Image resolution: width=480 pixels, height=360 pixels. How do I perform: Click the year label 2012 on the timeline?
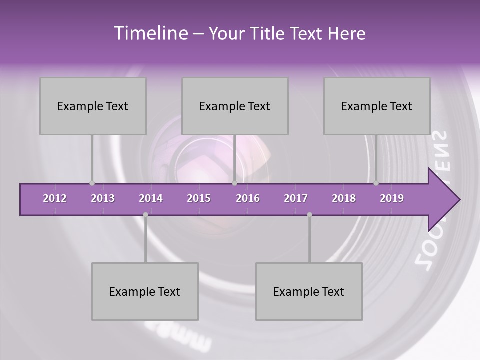[55, 198]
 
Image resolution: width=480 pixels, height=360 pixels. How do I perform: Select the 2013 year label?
[103, 198]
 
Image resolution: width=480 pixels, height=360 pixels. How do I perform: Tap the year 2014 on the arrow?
[151, 198]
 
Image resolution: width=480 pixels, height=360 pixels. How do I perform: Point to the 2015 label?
[199, 198]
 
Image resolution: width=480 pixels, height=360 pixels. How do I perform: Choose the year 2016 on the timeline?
[248, 198]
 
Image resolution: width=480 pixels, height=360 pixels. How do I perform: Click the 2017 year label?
[296, 198]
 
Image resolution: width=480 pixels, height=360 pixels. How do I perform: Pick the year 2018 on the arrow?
[344, 198]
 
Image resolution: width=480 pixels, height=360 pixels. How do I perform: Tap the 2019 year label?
[392, 198]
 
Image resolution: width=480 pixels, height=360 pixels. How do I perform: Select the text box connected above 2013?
[93, 106]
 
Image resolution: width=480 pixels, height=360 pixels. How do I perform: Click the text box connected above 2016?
[235, 106]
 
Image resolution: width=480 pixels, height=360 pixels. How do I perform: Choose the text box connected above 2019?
[377, 106]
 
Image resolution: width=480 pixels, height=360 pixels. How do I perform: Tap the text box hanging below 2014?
[145, 291]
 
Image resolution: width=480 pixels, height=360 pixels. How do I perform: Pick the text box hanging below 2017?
[309, 291]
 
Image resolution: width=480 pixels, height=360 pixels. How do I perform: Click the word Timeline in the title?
[149, 33]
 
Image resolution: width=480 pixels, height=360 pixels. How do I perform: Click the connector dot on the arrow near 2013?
[92, 183]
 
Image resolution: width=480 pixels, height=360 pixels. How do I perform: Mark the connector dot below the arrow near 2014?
[145, 214]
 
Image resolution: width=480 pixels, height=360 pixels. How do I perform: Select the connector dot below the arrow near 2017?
[309, 214]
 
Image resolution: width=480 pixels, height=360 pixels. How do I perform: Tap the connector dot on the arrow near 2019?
[376, 183]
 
